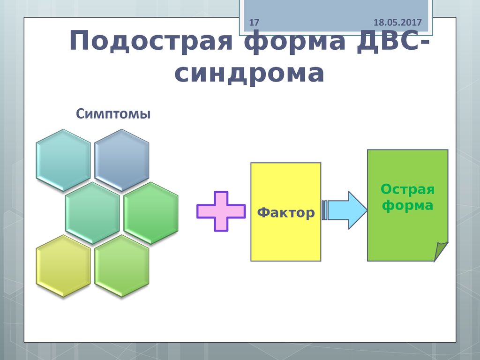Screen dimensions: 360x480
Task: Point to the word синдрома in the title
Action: [249, 74]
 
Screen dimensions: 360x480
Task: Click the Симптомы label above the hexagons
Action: [113, 114]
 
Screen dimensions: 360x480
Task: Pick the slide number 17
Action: [254, 22]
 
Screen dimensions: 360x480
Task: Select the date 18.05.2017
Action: [398, 22]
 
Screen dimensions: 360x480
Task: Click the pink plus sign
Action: [221, 211]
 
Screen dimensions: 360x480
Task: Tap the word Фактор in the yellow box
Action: [286, 213]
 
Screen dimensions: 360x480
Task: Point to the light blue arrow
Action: [349, 210]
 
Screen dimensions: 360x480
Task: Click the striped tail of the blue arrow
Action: [325, 210]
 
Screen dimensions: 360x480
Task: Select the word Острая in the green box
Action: [407, 189]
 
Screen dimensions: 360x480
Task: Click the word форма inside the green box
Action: [407, 205]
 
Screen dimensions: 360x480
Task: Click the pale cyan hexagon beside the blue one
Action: [63, 160]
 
